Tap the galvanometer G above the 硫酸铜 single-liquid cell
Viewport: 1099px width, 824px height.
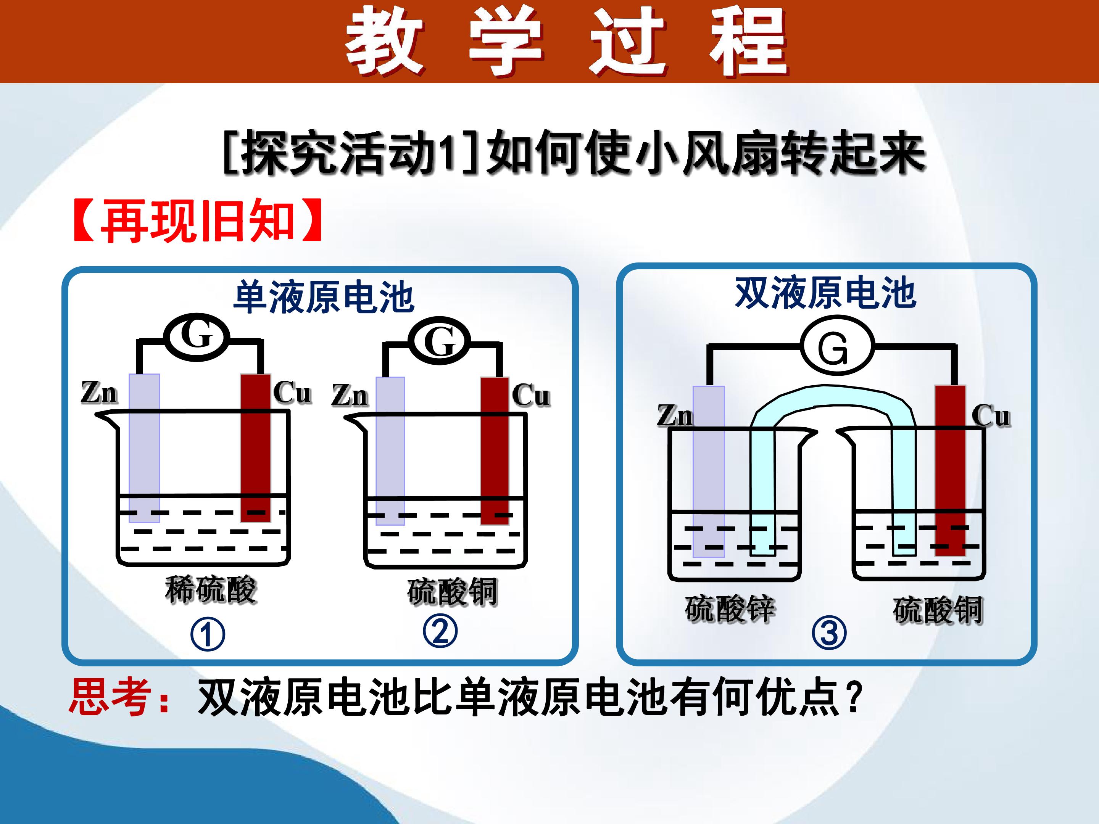(440, 341)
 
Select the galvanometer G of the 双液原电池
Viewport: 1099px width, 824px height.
(836, 346)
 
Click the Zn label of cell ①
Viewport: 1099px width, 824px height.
(99, 393)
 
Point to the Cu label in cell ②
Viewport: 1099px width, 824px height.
(531, 396)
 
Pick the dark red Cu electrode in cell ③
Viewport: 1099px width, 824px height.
(951, 470)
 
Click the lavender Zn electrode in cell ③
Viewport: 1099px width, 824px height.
(709, 472)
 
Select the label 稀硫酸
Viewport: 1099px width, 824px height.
(211, 589)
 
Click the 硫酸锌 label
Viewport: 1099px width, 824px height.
(730, 609)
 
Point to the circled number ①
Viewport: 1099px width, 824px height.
(208, 635)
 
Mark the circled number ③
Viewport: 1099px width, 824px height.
(829, 633)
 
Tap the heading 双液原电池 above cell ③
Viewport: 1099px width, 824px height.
(826, 293)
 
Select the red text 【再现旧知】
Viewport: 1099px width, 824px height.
(198, 220)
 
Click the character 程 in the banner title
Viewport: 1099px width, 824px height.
(748, 43)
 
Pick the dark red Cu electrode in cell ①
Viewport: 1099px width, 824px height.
(256, 448)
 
